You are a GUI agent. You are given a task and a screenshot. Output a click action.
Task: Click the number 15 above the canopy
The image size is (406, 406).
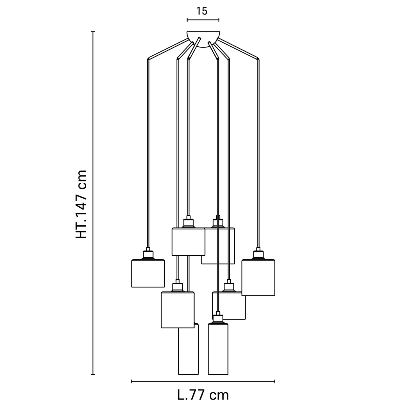point(202,11)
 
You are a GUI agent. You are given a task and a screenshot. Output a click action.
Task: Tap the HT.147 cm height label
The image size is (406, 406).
point(81,204)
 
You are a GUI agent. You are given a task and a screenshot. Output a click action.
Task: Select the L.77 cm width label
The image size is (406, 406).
point(203,395)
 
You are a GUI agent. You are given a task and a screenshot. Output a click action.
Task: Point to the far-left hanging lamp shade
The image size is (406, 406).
point(148,273)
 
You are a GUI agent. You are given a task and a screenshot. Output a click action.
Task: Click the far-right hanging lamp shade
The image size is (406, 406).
point(258,277)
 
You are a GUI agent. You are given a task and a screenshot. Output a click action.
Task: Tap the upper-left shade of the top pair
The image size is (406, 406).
point(188,241)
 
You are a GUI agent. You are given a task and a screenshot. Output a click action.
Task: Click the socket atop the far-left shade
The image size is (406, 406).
point(148,254)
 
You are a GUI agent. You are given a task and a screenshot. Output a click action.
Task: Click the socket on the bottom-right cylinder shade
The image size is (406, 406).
point(218,317)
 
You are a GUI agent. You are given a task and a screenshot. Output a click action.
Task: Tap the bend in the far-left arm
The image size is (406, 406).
point(148,59)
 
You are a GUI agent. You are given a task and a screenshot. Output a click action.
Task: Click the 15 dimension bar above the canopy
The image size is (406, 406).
point(203,20)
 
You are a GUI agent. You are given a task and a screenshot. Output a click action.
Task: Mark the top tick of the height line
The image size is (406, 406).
point(93,32)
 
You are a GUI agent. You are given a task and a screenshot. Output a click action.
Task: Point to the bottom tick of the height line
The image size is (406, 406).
point(93,374)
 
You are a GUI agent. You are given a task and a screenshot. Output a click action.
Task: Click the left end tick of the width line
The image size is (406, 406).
point(132,381)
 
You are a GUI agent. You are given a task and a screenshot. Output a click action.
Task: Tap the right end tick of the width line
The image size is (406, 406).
point(275,381)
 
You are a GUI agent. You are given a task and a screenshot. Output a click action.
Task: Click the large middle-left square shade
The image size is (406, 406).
point(178,310)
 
